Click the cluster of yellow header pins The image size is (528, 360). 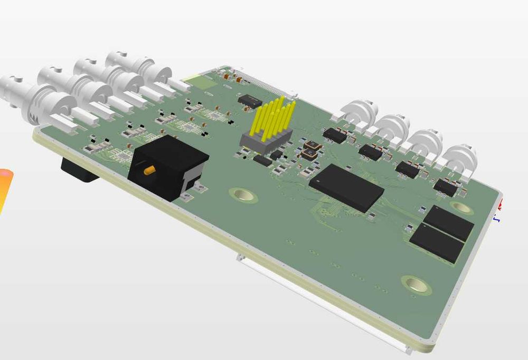point(275,116)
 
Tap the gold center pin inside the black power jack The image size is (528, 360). point(149,170)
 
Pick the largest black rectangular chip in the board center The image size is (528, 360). point(346,187)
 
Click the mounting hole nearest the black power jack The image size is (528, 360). point(243,195)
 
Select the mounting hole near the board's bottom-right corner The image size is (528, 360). point(416,284)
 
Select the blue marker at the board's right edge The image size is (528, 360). point(497,217)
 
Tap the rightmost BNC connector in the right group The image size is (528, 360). point(459,159)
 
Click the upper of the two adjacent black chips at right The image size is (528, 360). point(449,221)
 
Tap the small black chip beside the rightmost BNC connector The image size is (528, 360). point(446,187)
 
